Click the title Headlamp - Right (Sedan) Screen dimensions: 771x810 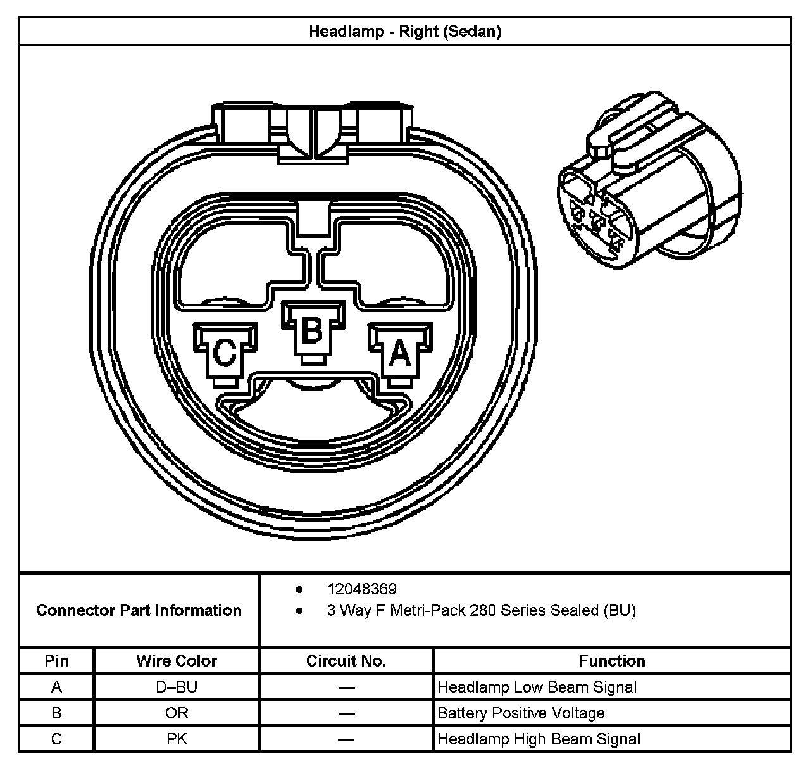pos(404,32)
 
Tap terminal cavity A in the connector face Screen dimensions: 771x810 pos(400,353)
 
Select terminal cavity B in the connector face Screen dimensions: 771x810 pos(312,330)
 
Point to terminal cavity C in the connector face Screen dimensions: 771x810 pos(225,353)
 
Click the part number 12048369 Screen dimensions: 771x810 pos(361,589)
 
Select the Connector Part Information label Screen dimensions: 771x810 pos(139,610)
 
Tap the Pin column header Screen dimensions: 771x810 pos(56,661)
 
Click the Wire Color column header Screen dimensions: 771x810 pos(177,661)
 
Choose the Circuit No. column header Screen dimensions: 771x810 pos(346,661)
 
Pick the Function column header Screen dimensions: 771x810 pos(612,661)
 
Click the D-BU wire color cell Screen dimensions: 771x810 pos(177,687)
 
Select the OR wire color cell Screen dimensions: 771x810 pos(177,713)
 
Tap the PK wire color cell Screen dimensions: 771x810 pos(177,739)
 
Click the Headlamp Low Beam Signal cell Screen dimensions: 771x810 pos(537,687)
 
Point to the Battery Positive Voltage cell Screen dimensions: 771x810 pos(521,713)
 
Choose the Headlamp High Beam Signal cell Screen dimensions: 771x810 pos(539,739)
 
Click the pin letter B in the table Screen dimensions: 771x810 pos(56,713)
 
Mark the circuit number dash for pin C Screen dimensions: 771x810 pos(346,739)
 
